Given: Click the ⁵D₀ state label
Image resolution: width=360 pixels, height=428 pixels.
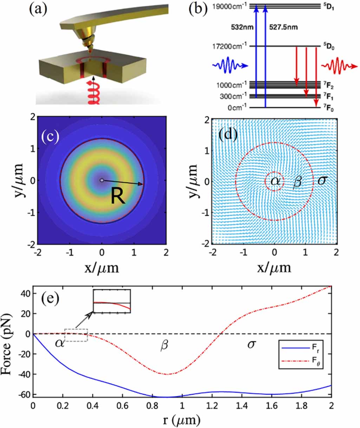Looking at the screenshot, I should [328, 46].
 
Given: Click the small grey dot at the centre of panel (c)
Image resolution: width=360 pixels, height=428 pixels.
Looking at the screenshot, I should [102, 180].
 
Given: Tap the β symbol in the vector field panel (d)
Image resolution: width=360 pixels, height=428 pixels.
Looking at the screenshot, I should [297, 182].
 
